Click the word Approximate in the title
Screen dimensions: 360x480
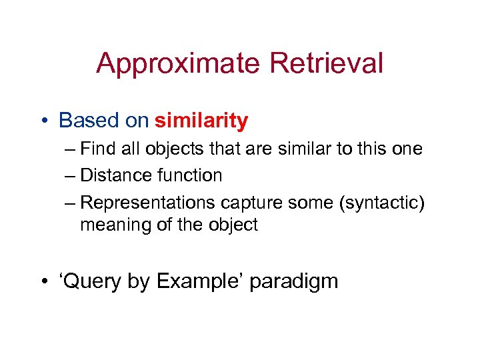[x=178, y=64]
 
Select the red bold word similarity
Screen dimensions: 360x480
[x=201, y=121]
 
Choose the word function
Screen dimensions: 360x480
[x=189, y=175]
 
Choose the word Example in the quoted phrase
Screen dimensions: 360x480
[x=199, y=281]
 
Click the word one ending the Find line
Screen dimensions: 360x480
[x=407, y=149]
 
